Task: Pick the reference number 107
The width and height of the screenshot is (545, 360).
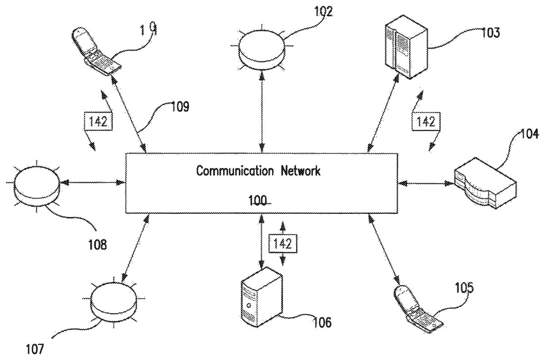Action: (35, 349)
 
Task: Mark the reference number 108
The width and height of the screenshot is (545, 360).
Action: (98, 246)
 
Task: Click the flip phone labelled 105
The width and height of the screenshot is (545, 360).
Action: (416, 310)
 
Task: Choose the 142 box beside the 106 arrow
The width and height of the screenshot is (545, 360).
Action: (282, 244)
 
